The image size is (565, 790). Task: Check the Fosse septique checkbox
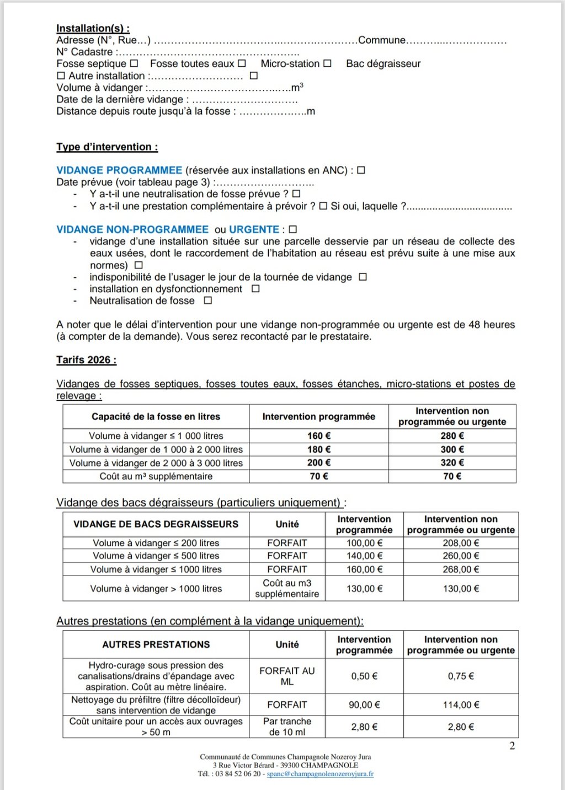tap(134, 64)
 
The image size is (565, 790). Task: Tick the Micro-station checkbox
tap(327, 64)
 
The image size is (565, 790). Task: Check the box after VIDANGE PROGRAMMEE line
tap(361, 170)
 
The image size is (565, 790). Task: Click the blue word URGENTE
tap(254, 229)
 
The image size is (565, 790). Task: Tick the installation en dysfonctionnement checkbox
tap(255, 289)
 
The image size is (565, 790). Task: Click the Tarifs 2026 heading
tap(86, 360)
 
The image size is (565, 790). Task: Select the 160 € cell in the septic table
tap(319, 436)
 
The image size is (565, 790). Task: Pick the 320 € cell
tap(452, 463)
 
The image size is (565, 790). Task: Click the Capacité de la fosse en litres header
tap(156, 417)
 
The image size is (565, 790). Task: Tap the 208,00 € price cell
tap(461, 543)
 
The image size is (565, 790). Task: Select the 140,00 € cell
tap(364, 556)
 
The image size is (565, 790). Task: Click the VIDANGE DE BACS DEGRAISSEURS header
tap(156, 524)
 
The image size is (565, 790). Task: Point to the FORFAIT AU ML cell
tap(287, 676)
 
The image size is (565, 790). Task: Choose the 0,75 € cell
tap(461, 676)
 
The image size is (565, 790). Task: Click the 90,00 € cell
tap(364, 705)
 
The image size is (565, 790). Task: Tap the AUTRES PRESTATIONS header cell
tap(156, 644)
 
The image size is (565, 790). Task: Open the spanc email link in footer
tap(320, 774)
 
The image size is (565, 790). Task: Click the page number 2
tap(512, 746)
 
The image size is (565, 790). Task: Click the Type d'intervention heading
tap(107, 147)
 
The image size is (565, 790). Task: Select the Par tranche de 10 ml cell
tap(287, 727)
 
